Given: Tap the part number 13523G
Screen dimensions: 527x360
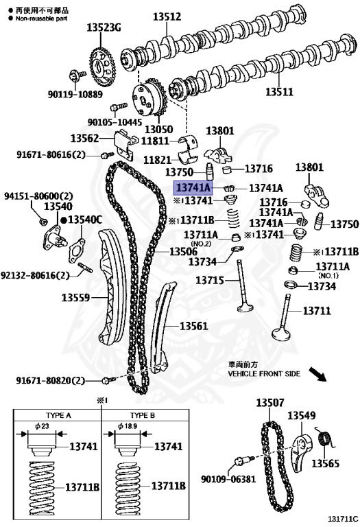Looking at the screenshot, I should click(103, 28).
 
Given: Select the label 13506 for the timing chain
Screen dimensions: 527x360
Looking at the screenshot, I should click(184, 252).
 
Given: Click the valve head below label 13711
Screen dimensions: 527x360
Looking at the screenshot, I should click(285, 335).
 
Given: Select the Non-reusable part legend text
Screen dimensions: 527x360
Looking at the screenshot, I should click(38, 19).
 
